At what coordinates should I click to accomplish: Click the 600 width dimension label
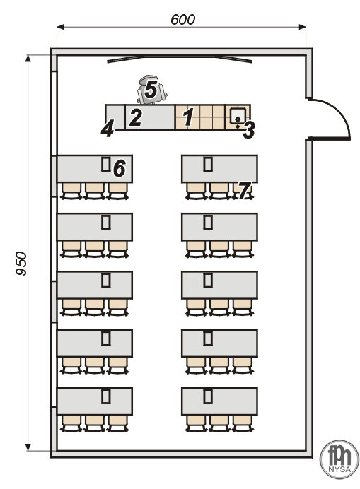(x=182, y=19)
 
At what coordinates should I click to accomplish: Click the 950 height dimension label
(x=21, y=264)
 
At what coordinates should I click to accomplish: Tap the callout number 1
(x=187, y=117)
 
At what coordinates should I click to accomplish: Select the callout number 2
(x=136, y=117)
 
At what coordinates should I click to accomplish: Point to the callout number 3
(x=248, y=130)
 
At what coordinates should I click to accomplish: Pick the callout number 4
(x=108, y=129)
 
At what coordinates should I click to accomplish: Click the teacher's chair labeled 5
(x=151, y=90)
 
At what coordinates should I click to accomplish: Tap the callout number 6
(x=120, y=167)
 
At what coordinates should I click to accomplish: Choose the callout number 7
(x=245, y=190)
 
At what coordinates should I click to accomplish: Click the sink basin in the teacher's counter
(x=238, y=116)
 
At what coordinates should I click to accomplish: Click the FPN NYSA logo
(x=339, y=459)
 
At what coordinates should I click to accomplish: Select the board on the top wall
(x=179, y=59)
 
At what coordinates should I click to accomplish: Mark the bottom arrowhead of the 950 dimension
(x=28, y=447)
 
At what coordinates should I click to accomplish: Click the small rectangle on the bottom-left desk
(x=106, y=396)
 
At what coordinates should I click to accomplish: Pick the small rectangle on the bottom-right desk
(x=208, y=396)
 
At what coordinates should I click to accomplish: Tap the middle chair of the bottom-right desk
(x=219, y=423)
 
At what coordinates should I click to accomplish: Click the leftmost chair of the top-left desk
(x=71, y=191)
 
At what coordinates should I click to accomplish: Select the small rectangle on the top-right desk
(x=208, y=164)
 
